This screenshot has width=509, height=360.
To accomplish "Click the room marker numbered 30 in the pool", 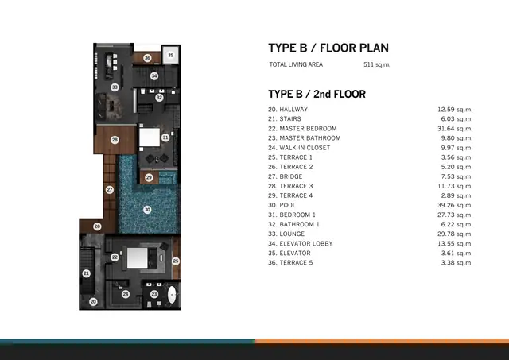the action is click(147, 210).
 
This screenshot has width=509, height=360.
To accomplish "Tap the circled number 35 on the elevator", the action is click(170, 55).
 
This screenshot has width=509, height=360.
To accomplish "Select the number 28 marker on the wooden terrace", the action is click(115, 140).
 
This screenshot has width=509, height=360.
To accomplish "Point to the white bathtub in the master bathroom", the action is click(172, 295).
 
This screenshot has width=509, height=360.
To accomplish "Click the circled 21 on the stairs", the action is click(86, 273).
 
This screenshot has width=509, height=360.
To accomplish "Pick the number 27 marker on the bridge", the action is click(110, 190).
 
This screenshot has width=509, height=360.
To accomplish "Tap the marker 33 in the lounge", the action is click(115, 87).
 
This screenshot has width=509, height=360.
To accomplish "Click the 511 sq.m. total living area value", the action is click(377, 64).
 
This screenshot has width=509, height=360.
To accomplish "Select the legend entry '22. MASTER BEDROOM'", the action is click(302, 129).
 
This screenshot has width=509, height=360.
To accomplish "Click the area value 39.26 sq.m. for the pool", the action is click(455, 205).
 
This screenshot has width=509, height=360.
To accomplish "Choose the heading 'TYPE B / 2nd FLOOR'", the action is click(317, 94).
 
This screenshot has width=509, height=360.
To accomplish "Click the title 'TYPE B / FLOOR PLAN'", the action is click(328, 48).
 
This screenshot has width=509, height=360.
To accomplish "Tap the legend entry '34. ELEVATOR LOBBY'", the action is click(301, 243).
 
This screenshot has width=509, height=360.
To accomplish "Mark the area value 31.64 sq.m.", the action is click(455, 129).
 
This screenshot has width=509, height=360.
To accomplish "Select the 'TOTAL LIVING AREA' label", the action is click(296, 64).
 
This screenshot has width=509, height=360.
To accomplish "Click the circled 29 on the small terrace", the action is click(149, 177).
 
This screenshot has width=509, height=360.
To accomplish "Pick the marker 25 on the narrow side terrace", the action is click(176, 261).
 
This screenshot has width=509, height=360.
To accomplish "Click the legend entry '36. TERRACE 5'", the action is click(290, 263).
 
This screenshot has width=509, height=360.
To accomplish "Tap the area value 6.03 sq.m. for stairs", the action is click(457, 119).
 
